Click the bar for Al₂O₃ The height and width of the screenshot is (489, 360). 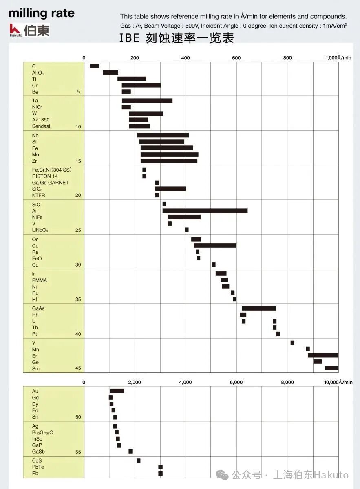(x=110, y=73)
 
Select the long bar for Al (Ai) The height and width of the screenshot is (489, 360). (x=205, y=211)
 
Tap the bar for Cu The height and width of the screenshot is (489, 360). (x=215, y=245)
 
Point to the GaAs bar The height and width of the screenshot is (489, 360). (x=258, y=308)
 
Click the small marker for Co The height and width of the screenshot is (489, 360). (x=214, y=264)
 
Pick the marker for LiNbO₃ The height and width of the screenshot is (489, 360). (x=187, y=230)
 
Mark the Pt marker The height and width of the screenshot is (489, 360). (x=278, y=334)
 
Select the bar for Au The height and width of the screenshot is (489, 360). (x=117, y=391)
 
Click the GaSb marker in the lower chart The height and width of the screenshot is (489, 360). (x=130, y=451)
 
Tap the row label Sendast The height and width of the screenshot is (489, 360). (x=41, y=126)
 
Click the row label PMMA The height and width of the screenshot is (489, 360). (x=39, y=280)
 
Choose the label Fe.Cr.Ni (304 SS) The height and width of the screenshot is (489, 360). (x=52, y=170)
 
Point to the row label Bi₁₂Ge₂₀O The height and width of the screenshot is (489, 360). (x=42, y=432)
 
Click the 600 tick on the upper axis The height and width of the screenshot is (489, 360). (x=236, y=58)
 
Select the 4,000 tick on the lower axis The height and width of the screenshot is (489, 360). (x=186, y=382)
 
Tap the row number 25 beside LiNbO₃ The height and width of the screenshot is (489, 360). (x=78, y=230)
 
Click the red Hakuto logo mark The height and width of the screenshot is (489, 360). (x=15, y=29)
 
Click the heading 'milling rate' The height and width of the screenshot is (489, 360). (x=42, y=13)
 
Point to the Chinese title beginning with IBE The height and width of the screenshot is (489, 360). (x=177, y=38)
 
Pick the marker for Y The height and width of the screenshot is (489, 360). (x=292, y=343)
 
